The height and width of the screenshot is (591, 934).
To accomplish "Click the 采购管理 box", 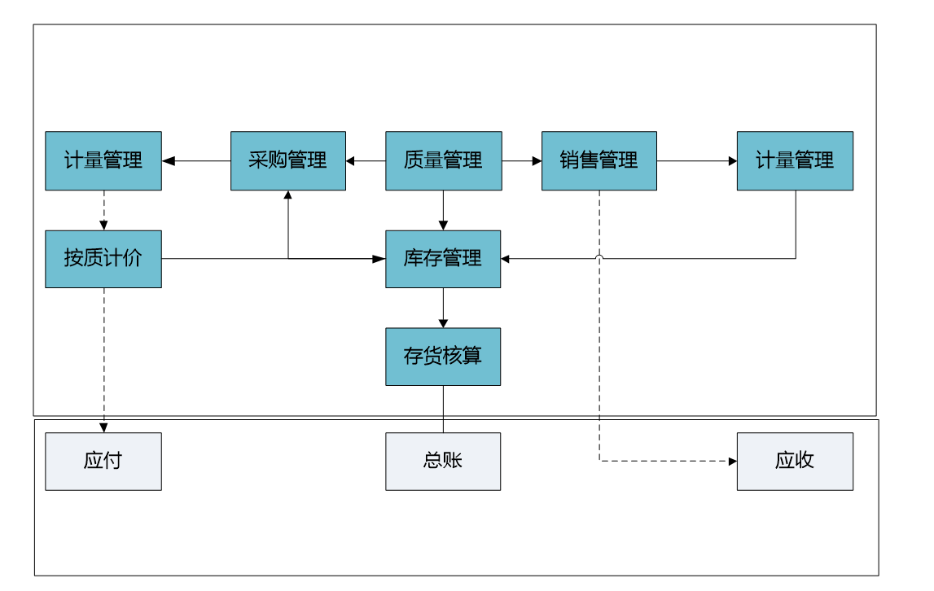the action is click(x=288, y=161).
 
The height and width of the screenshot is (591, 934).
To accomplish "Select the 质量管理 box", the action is click(x=444, y=161).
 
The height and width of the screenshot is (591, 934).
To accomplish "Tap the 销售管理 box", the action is click(x=599, y=161).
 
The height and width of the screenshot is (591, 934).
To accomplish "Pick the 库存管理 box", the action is click(x=443, y=259).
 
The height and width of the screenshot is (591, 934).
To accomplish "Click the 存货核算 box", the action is click(x=443, y=357).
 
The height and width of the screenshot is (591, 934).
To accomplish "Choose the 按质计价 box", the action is click(x=103, y=259).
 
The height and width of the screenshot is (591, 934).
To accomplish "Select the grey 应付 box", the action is click(x=103, y=462).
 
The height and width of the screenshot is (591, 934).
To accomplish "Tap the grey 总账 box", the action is click(x=443, y=462).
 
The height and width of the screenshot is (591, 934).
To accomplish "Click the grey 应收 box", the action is click(x=796, y=462).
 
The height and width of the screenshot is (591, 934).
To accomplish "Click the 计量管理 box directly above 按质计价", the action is click(x=103, y=161).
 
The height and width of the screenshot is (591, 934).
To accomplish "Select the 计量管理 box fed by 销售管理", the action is click(x=796, y=161).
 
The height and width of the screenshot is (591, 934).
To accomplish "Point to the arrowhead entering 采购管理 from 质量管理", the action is click(x=350, y=161).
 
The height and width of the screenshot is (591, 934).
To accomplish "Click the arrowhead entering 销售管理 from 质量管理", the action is click(x=537, y=161).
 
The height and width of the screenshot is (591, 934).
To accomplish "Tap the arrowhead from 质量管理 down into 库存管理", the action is click(x=443, y=225).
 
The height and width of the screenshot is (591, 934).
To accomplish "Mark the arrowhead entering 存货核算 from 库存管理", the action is click(x=443, y=323).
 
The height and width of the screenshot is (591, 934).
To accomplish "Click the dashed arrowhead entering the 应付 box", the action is click(x=103, y=427).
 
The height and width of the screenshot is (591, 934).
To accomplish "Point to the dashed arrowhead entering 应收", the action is click(x=733, y=461).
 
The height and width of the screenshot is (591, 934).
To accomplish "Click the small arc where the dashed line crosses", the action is click(x=599, y=256).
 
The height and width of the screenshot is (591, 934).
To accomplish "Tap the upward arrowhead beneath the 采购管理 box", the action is click(x=288, y=195).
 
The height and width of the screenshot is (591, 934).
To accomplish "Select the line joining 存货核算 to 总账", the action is click(x=443, y=409).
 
